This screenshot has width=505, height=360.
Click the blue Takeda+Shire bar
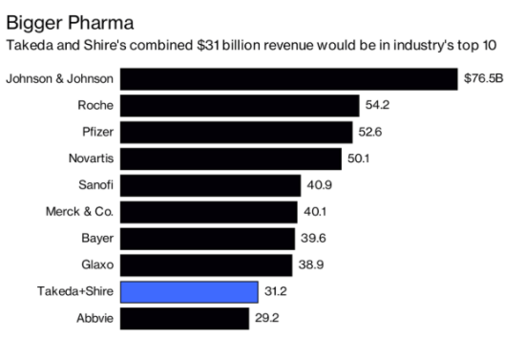pyautogui.click(x=188, y=291)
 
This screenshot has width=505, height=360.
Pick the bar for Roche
pyautogui.click(x=239, y=105)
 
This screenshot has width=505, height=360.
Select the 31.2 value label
pyautogui.click(x=277, y=291)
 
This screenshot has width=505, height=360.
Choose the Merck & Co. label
pyautogui.click(x=78, y=211)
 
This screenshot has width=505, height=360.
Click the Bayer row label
pyautogui.click(x=95, y=238)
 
